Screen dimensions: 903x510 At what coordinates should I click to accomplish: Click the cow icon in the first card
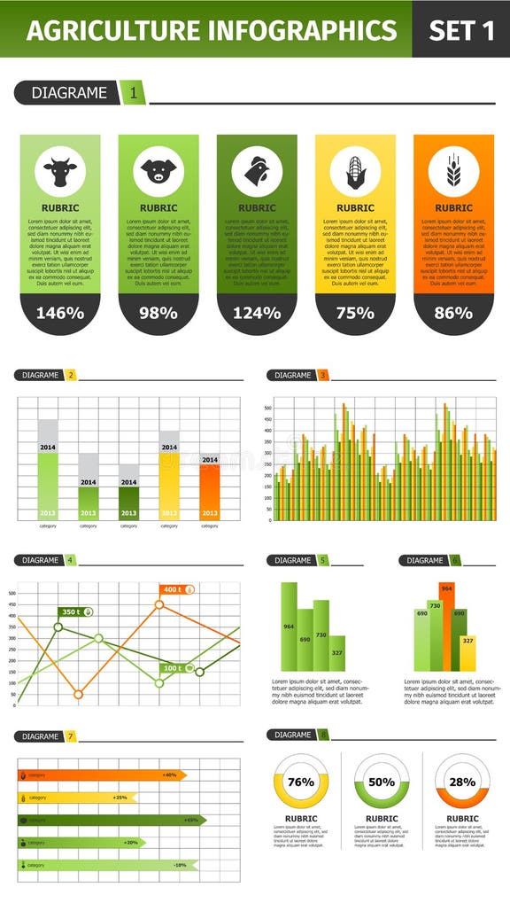[x=60, y=171]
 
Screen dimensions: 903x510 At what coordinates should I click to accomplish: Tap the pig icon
[x=158, y=171]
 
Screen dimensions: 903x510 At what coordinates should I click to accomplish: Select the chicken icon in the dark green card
[x=257, y=171]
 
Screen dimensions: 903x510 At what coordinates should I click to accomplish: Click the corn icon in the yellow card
[x=355, y=171]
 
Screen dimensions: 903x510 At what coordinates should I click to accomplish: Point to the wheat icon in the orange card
[x=453, y=171]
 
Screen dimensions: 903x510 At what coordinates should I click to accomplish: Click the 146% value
[x=60, y=313]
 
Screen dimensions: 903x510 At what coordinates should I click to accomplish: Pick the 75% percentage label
[x=355, y=313]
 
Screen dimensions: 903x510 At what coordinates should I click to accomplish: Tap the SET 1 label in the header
[x=460, y=30]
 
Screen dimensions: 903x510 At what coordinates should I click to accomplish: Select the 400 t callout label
[x=174, y=589]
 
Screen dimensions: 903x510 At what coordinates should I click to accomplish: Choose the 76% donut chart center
[x=301, y=782]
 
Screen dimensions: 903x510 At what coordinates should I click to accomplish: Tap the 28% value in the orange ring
[x=462, y=782]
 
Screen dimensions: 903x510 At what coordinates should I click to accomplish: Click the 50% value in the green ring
[x=382, y=782]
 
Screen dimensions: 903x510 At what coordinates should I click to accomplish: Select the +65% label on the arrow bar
[x=191, y=820]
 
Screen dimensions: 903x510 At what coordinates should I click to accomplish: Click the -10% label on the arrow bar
[x=180, y=865]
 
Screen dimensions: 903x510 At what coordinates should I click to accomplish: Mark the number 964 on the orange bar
[x=446, y=588]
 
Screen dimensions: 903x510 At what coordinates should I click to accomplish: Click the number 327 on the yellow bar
[x=467, y=641]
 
